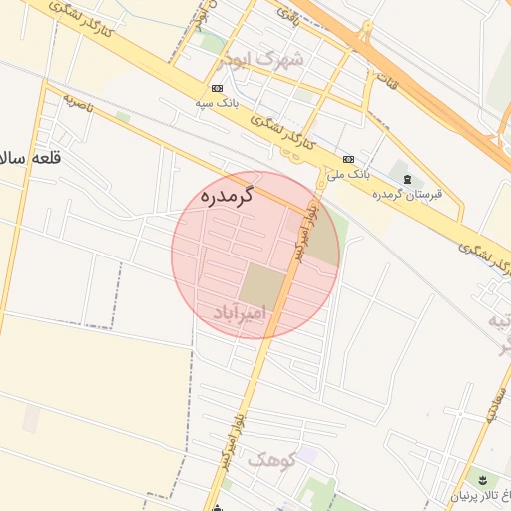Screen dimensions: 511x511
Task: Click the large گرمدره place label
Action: click(x=228, y=196)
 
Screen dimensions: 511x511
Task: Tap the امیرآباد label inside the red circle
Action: click(x=242, y=313)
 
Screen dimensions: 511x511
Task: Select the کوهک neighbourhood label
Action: click(x=270, y=460)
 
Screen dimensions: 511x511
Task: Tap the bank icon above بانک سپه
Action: click(x=217, y=88)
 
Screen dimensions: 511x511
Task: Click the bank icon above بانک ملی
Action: click(x=347, y=159)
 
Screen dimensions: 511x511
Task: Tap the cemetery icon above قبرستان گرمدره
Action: click(x=406, y=179)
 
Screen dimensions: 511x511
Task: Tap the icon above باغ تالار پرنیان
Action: click(x=483, y=480)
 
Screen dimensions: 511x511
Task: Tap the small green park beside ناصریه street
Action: click(x=123, y=117)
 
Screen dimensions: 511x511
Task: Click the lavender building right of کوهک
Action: click(x=306, y=455)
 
